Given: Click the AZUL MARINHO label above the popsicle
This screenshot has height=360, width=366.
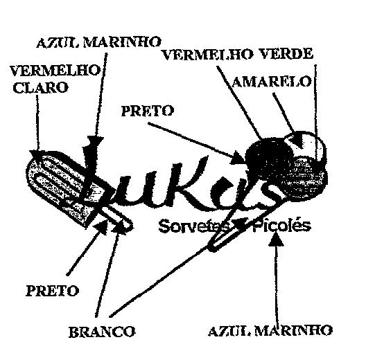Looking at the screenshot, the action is [98, 42].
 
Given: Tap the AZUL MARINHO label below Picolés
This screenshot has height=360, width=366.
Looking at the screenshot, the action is [270, 330].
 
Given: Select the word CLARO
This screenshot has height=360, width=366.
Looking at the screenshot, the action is [40, 87].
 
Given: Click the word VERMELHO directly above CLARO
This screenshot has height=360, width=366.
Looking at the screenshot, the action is [55, 71].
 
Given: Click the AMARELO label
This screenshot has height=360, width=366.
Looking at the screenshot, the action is [272, 82].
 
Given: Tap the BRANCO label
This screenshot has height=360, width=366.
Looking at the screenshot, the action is [102, 332].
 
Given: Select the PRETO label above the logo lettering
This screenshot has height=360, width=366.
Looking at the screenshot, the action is [148, 111].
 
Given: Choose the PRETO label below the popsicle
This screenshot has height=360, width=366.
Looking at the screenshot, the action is [52, 291].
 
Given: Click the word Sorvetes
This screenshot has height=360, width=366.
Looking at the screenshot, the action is [194, 226].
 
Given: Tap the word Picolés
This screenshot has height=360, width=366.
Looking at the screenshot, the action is [282, 225].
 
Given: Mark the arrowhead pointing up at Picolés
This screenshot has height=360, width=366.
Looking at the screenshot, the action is [276, 240].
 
